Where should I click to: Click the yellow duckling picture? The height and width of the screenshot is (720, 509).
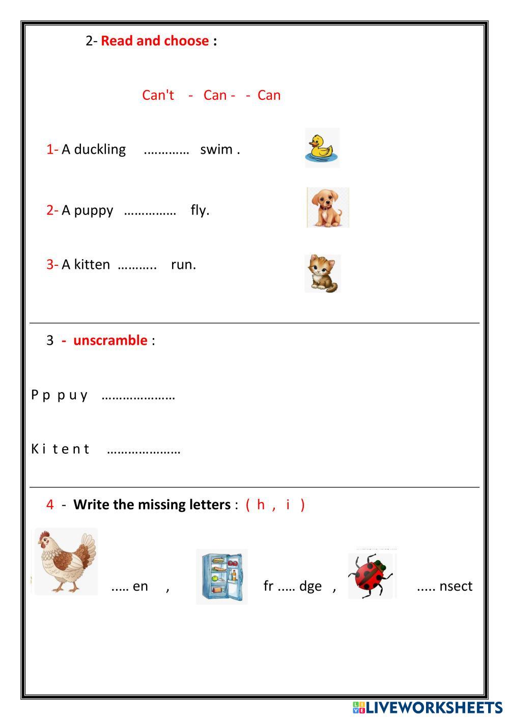(x=322, y=148)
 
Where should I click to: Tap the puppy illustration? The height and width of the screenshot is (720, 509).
(x=328, y=207)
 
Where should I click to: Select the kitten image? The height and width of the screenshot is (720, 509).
(x=323, y=274)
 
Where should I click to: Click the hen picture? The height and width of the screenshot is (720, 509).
(x=65, y=561)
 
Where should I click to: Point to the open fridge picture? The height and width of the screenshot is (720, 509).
(x=222, y=576)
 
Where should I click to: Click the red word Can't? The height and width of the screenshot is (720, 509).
(x=158, y=95)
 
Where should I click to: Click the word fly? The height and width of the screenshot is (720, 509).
(x=200, y=210)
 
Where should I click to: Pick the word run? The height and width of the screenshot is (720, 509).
(x=183, y=264)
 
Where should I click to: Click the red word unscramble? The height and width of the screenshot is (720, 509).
(x=110, y=340)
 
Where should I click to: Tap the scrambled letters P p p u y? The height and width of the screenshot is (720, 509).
(x=60, y=395)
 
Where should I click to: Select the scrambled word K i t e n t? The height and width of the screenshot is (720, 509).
(x=60, y=449)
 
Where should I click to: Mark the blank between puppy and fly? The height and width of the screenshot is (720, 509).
(x=150, y=211)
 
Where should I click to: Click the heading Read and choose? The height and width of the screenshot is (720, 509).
(x=155, y=41)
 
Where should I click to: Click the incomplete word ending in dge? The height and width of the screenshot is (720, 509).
(x=292, y=586)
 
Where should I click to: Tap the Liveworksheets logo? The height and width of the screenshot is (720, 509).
(x=427, y=707)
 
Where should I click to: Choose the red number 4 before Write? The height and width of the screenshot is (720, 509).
(x=50, y=505)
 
